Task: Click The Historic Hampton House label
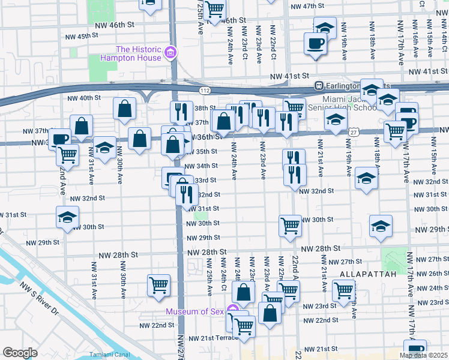139,53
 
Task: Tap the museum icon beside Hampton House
171,53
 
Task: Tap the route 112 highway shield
205,91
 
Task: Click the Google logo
20,353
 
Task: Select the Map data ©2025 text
423,355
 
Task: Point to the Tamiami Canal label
107,355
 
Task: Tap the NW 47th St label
307,6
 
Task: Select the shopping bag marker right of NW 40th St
125,109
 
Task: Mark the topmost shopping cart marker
214,8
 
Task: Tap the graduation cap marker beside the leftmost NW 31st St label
68,217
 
